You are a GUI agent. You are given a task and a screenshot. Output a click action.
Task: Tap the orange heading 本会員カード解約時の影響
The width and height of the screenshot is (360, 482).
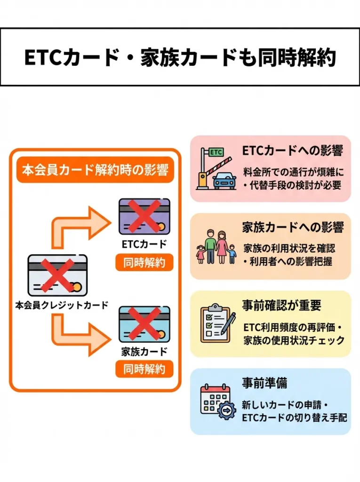[96, 170]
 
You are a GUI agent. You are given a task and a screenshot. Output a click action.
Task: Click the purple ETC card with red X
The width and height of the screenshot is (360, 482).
[144, 216]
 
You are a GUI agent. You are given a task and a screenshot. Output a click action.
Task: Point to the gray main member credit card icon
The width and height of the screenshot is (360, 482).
[57, 275]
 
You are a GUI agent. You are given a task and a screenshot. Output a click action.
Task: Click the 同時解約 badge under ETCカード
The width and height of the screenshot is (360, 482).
[144, 263]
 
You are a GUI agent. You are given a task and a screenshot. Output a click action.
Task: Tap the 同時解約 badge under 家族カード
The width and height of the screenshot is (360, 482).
[144, 369]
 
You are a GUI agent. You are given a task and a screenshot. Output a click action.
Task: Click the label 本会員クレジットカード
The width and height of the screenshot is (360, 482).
[61, 305]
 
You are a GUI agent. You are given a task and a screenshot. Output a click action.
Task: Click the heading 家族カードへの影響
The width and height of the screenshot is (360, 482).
[293, 228]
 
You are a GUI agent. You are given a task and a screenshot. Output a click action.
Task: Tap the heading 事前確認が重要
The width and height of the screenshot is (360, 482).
[282, 305]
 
